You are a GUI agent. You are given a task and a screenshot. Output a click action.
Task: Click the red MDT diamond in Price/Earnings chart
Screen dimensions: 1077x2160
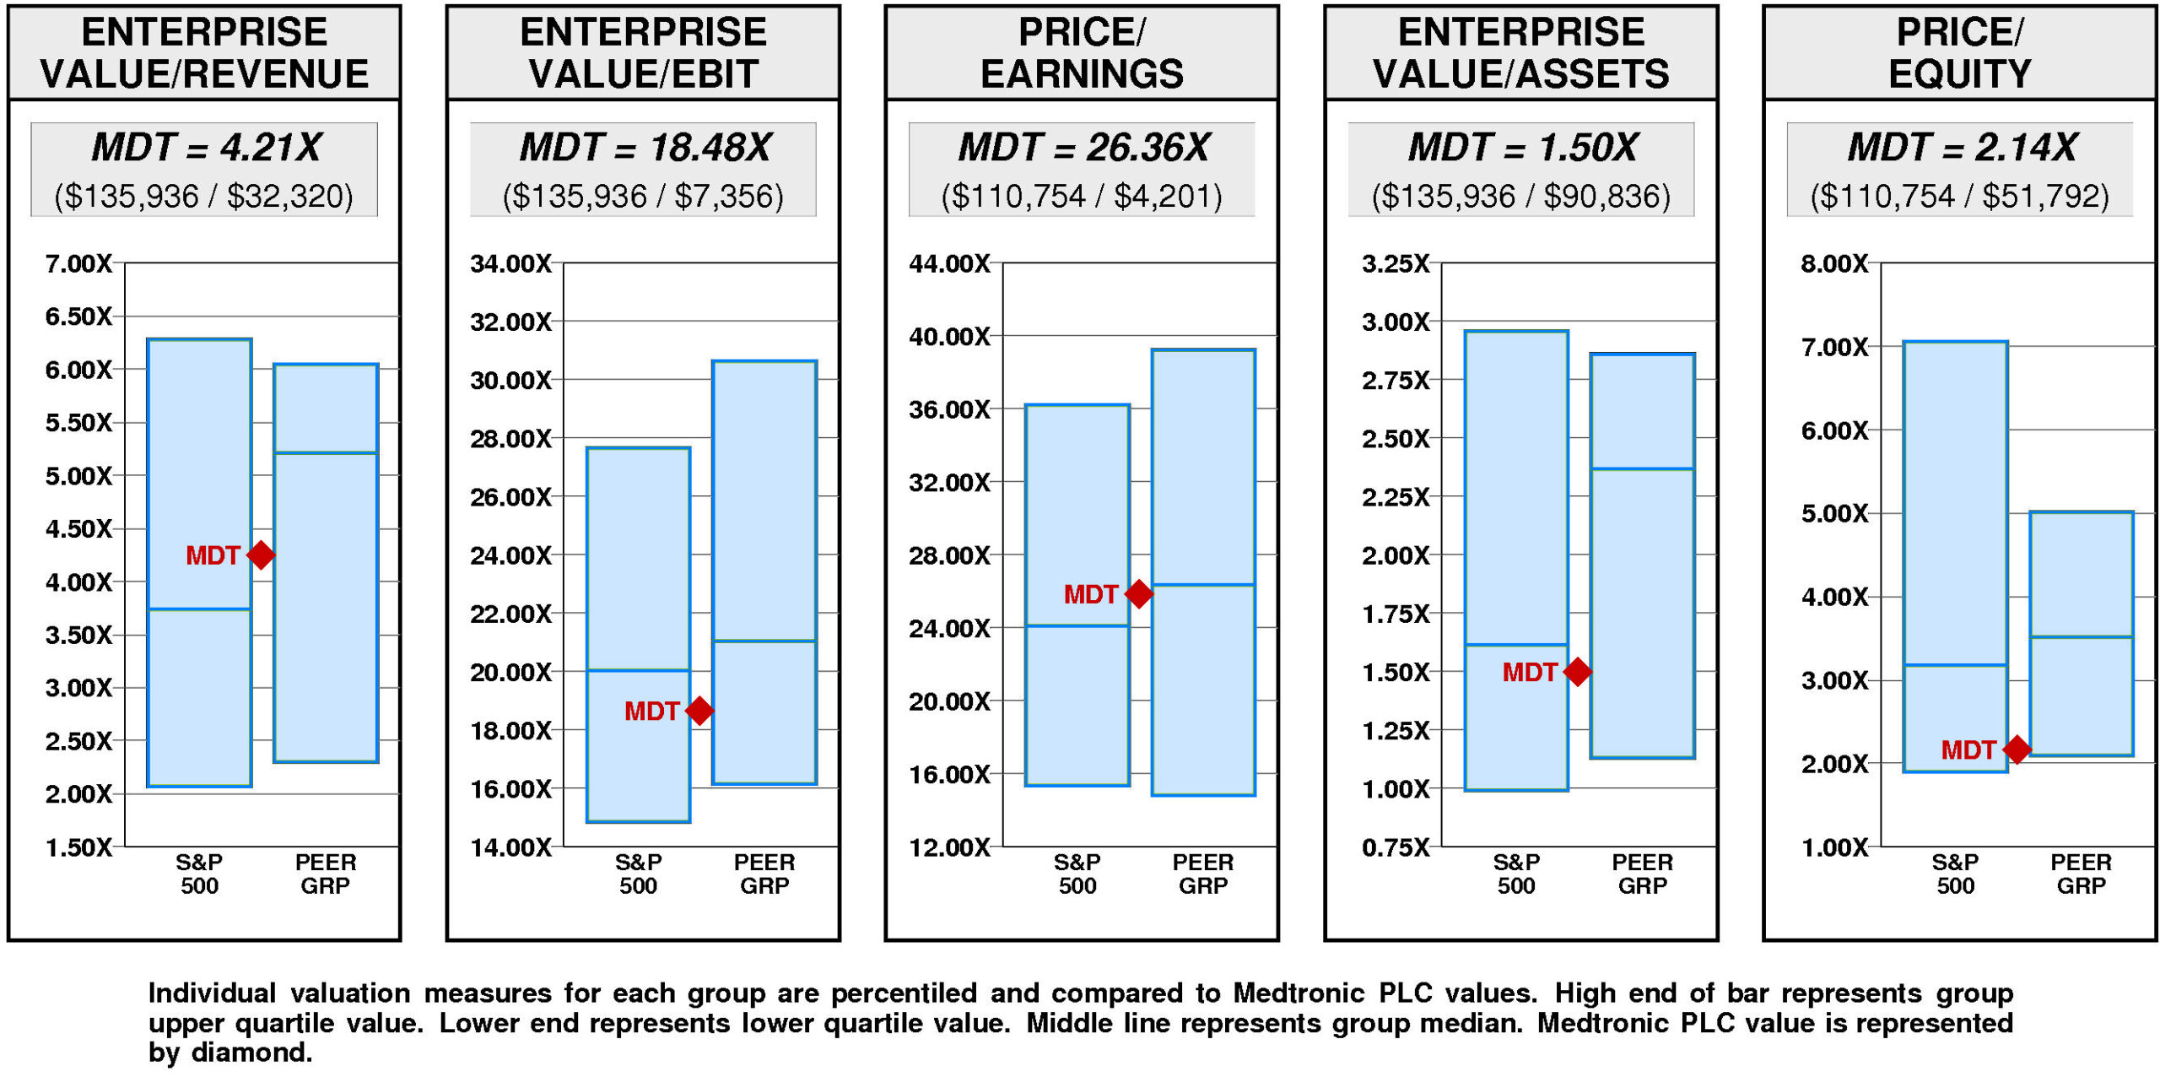point(1138,594)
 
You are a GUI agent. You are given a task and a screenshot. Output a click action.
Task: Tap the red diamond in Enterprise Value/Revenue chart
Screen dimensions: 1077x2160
point(261,555)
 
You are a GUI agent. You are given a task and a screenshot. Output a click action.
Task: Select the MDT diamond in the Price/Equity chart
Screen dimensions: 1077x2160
point(2017,749)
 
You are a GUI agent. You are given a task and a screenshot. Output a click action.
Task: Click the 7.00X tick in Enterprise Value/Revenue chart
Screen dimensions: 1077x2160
point(78,264)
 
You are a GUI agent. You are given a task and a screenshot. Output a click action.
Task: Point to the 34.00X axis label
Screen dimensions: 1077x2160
point(510,264)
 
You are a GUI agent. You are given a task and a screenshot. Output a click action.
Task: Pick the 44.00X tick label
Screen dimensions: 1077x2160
point(949,264)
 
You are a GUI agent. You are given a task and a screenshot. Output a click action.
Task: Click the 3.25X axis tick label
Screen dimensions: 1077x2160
point(1396,264)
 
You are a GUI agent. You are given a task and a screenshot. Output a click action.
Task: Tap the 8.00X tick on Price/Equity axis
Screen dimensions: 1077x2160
point(1834,264)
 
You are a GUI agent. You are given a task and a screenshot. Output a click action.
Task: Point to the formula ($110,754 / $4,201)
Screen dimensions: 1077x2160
point(1082,197)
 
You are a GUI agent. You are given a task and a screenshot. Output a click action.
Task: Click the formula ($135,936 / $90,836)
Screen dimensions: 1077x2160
point(1520,197)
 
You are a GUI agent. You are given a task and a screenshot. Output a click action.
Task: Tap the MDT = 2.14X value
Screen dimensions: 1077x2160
point(1961,148)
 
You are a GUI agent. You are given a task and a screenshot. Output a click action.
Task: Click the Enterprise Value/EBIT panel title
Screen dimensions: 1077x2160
point(643,52)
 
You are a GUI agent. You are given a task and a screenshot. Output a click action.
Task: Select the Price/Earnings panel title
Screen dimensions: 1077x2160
point(1082,52)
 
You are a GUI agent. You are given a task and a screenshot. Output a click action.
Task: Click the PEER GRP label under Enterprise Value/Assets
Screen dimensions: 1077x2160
point(1642,874)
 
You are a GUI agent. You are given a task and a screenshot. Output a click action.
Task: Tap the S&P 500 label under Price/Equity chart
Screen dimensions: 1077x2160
point(1955,874)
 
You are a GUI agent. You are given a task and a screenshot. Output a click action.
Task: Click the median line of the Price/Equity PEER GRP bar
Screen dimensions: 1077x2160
point(2082,636)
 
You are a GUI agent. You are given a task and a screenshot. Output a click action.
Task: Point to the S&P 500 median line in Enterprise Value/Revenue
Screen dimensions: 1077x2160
point(199,609)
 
